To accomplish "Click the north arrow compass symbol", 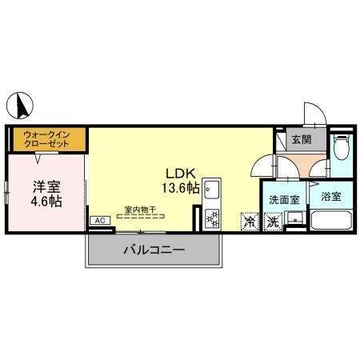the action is [20, 106].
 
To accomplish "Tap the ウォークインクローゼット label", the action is [46, 139].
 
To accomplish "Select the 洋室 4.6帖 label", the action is [46, 194].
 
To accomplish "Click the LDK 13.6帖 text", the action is [181, 181].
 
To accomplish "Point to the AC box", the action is [100, 221].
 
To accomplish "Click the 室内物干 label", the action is [140, 210].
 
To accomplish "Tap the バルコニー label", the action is [154, 250].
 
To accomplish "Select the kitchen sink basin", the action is [212, 190].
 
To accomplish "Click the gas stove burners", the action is [212, 218].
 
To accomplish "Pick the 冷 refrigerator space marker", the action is [250, 222].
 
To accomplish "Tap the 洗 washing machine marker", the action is [273, 222].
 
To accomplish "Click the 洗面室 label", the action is [284, 199].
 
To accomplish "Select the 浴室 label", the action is [331, 197].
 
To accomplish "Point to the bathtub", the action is [331, 220].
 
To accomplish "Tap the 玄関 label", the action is [302, 139].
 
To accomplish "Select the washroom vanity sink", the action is [295, 218].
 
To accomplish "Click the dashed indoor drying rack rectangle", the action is [140, 216].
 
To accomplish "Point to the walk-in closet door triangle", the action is [38, 158].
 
